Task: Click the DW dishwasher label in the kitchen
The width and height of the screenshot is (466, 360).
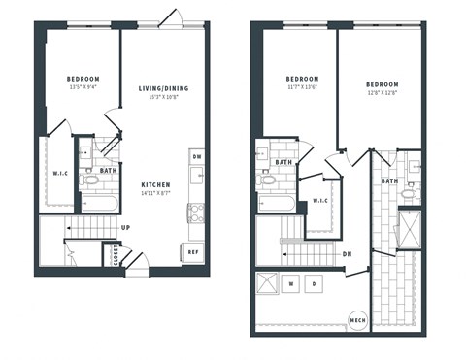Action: (196, 156)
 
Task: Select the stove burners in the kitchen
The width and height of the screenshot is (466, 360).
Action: (195, 208)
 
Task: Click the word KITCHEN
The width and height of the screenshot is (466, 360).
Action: (155, 184)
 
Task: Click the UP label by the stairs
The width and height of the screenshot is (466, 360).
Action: (125, 229)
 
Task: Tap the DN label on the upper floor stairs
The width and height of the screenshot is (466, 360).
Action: (346, 254)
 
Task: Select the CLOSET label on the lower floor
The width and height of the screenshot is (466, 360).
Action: (116, 256)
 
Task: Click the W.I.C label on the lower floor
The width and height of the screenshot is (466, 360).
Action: (58, 174)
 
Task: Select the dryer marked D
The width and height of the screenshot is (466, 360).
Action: (314, 283)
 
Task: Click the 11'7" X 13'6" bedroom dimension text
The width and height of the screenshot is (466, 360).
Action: (302, 87)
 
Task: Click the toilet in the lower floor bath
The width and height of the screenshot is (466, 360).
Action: (91, 180)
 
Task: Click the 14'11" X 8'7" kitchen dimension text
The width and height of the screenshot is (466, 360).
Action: (155, 194)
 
